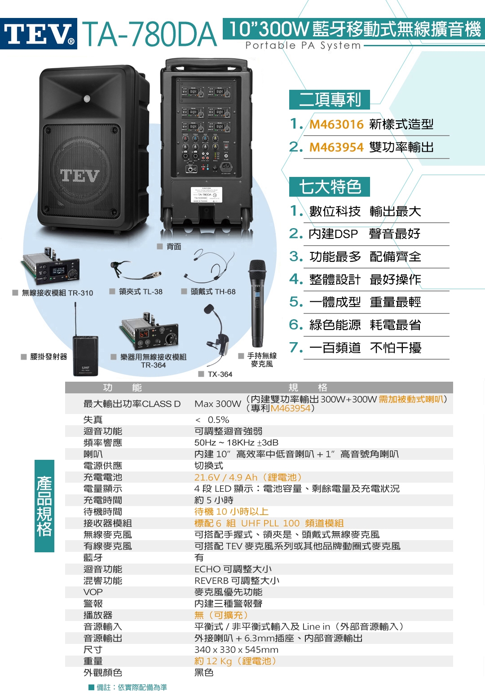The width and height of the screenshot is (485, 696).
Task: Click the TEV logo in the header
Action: (39, 34)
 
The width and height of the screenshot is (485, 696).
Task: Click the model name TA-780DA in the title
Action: (150, 35)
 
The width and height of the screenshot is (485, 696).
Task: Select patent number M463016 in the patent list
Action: (336, 124)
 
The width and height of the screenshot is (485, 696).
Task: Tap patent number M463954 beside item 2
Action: (336, 147)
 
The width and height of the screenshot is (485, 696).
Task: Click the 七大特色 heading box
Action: (330, 187)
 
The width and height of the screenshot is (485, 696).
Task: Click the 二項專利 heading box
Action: (330, 100)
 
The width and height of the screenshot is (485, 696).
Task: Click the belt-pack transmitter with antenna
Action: (85, 355)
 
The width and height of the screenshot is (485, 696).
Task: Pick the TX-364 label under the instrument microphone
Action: (220, 374)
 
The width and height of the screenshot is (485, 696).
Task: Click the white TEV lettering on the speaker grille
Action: (80, 176)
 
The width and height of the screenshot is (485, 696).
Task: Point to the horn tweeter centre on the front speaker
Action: (87, 99)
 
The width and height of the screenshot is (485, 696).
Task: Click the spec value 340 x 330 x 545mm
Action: (236, 650)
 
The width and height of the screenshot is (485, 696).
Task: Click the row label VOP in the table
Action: (93, 592)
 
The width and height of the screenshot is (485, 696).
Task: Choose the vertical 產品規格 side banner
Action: (44, 506)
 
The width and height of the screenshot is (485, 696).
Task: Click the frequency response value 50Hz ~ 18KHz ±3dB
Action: (236, 443)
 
